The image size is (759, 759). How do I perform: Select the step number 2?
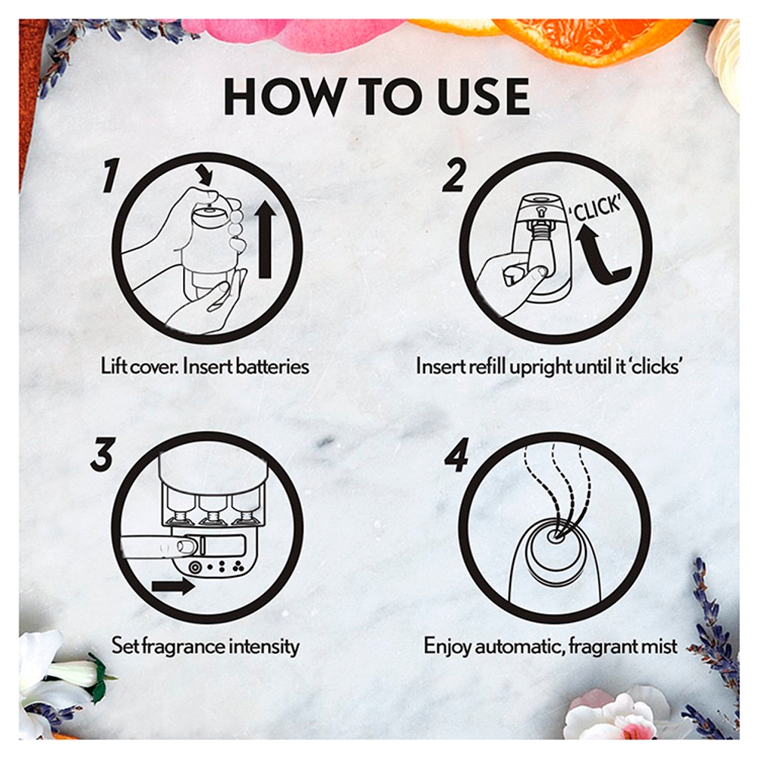[x=455, y=176]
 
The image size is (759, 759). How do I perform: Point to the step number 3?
[x=102, y=454]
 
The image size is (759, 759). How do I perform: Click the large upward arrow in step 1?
[x=264, y=240]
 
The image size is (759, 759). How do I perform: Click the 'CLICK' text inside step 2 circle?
[x=596, y=209]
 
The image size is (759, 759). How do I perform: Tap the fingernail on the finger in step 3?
[x=187, y=546]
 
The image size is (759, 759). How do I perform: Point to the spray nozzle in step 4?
[x=555, y=536]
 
